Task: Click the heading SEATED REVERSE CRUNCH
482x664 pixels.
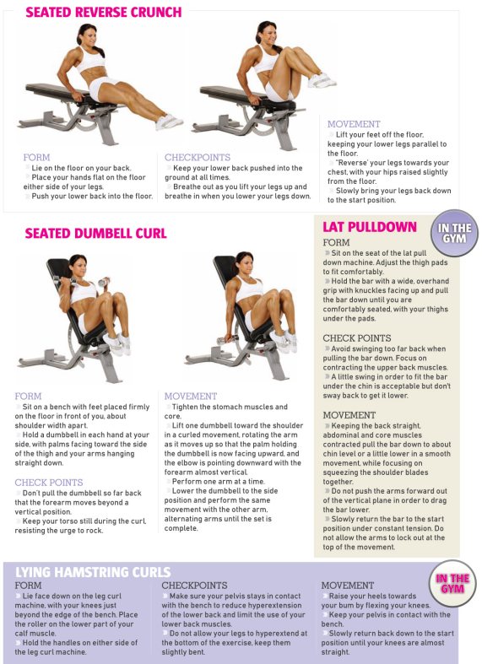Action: click(x=103, y=12)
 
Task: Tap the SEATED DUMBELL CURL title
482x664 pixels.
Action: click(x=95, y=234)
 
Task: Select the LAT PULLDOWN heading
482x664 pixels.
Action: click(x=370, y=227)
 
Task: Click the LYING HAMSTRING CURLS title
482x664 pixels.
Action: click(x=93, y=572)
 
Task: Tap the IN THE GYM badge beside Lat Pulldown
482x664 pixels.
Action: click(x=454, y=233)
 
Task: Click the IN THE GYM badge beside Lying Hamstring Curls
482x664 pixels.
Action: click(x=452, y=584)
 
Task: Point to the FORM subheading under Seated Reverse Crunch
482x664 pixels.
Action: click(x=36, y=158)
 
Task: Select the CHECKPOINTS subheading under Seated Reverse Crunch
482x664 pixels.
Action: click(x=198, y=158)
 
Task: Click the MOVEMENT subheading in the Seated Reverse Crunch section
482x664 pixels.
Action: click(x=354, y=124)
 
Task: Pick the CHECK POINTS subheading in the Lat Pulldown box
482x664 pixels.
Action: click(x=356, y=338)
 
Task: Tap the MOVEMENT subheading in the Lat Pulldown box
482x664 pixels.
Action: click(x=349, y=415)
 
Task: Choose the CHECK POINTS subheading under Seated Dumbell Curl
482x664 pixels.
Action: click(x=49, y=483)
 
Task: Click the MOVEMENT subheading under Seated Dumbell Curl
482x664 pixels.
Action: click(x=191, y=397)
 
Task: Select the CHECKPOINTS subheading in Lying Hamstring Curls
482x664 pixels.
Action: click(x=194, y=586)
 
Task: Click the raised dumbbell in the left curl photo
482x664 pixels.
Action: click(x=104, y=282)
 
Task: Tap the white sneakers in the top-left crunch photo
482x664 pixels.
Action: click(x=169, y=122)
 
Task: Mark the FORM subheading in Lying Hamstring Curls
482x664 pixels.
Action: click(x=28, y=586)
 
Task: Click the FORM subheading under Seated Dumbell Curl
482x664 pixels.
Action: click(x=28, y=397)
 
